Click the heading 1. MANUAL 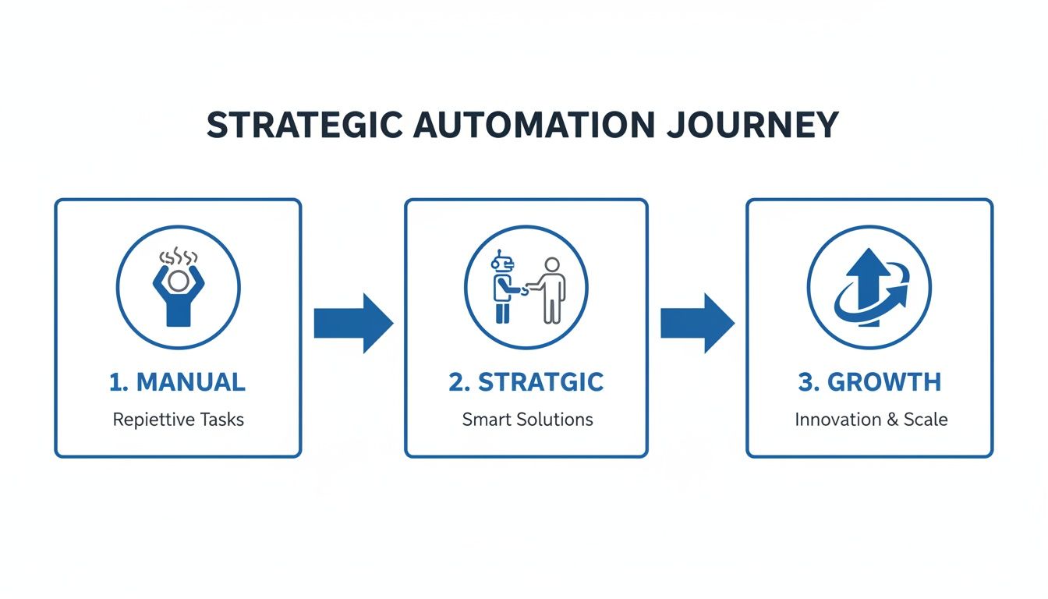click(x=178, y=382)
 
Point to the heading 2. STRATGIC click(x=526, y=382)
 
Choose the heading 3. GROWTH click(x=869, y=382)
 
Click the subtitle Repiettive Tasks click(x=178, y=420)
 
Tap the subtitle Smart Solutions click(x=527, y=420)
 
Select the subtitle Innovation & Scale click(x=871, y=420)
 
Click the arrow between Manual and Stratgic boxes click(x=352, y=323)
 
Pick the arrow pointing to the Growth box click(x=697, y=323)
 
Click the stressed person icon click(x=179, y=295)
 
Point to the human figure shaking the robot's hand click(x=551, y=290)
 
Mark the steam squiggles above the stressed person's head click(x=179, y=257)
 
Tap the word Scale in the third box click(x=926, y=420)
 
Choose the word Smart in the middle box click(x=486, y=420)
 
